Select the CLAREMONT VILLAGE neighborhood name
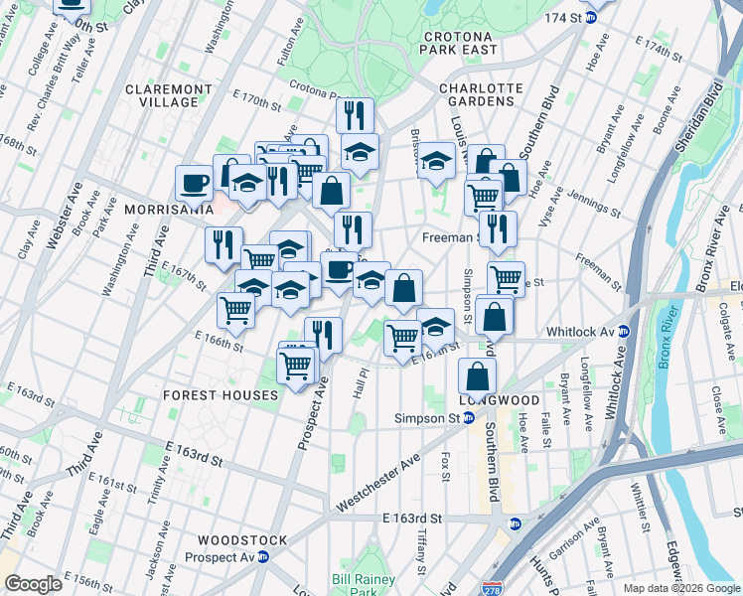click(169, 95)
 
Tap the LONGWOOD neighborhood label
click(500, 400)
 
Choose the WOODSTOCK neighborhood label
click(242, 540)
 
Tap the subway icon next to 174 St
click(592, 17)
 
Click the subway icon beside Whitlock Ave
click(625, 332)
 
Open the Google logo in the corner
click(33, 584)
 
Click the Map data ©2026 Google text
click(679, 588)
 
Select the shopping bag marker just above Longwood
click(478, 375)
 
